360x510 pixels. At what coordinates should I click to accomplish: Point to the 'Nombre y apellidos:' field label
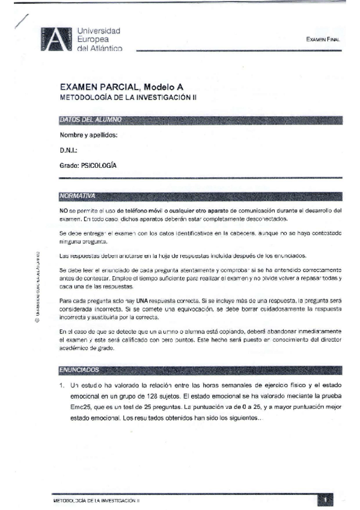coord(88,135)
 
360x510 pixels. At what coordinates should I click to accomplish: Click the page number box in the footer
coord(324,499)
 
